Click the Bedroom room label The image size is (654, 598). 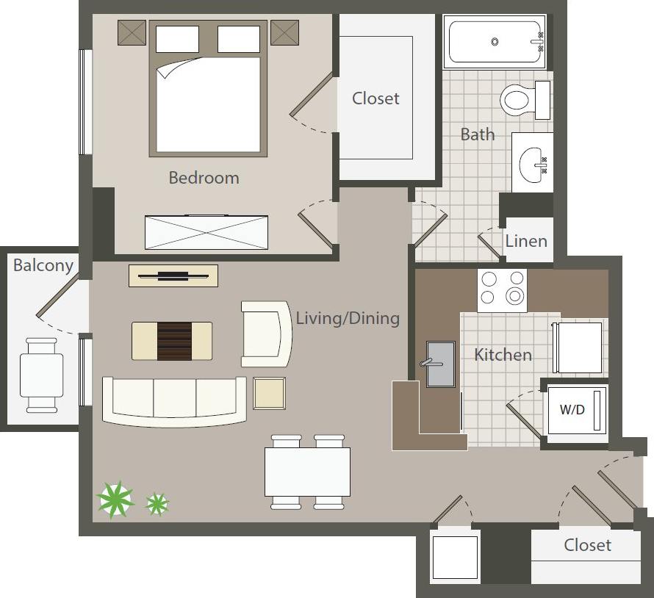pos(204,178)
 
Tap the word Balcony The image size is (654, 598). pos(43,265)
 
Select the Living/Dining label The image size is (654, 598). pos(348,318)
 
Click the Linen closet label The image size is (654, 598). pos(526,241)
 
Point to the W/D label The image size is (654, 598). pos(572,410)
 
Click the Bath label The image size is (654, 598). pos(478,134)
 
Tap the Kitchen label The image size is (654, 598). pos(503,355)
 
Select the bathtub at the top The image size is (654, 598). pos(495,42)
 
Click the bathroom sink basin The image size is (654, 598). pos(533,165)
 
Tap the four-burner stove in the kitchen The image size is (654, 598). pos(503,288)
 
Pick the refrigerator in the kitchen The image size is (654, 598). pos(581,347)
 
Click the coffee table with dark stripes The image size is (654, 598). pos(172,341)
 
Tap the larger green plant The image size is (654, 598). pos(115,499)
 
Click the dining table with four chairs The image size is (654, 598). pos(307,472)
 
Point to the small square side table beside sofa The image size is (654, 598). pos(269,392)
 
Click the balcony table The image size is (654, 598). pos(41,374)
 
